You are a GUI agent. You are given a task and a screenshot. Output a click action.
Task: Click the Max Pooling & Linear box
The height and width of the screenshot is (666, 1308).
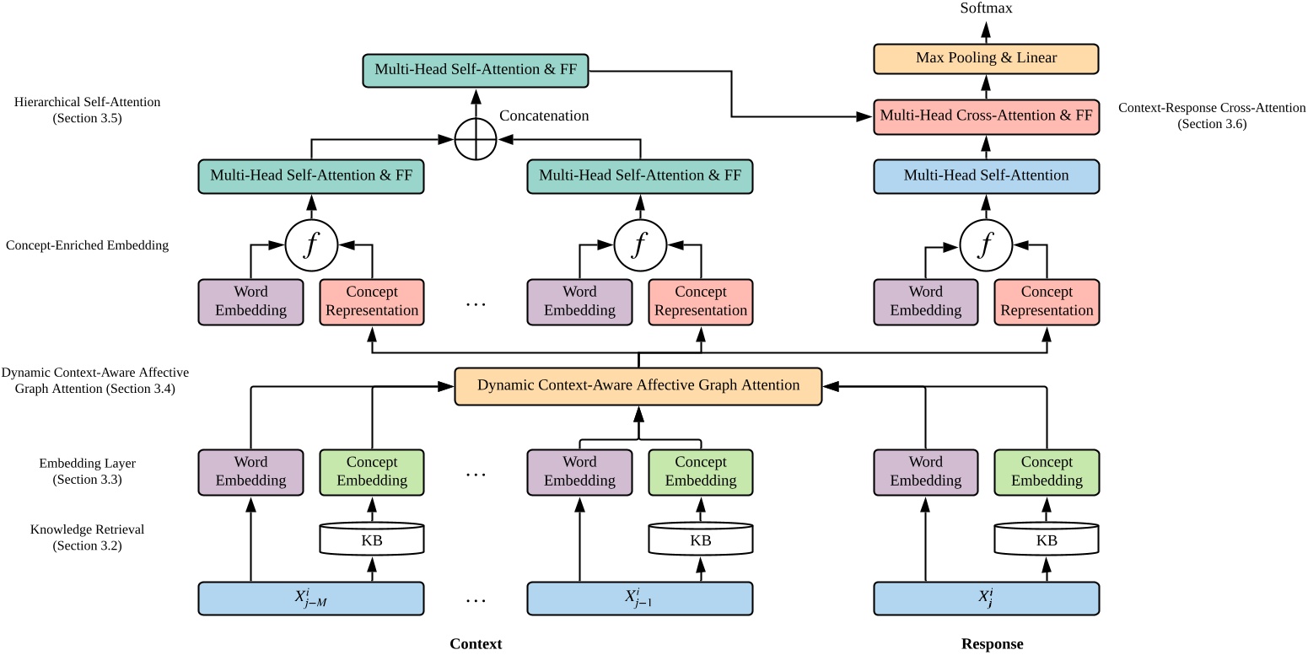pyautogui.click(x=986, y=58)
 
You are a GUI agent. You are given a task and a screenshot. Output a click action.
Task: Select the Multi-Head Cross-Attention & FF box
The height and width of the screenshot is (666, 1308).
pyautogui.click(x=986, y=115)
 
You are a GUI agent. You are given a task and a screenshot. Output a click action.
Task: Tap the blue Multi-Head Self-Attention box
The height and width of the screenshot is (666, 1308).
pyautogui.click(x=986, y=176)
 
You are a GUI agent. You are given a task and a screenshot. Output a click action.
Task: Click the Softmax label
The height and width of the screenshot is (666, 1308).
pyautogui.click(x=986, y=8)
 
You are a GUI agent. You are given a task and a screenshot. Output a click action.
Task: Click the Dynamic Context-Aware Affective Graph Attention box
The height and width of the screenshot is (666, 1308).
pyautogui.click(x=638, y=386)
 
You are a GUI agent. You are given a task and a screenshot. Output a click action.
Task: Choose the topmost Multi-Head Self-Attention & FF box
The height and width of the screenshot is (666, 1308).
pyautogui.click(x=476, y=70)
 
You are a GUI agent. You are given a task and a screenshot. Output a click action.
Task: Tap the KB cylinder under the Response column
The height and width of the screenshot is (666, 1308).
pyautogui.click(x=1047, y=540)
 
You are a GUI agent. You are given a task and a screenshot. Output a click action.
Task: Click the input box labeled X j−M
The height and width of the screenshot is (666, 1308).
pyautogui.click(x=310, y=598)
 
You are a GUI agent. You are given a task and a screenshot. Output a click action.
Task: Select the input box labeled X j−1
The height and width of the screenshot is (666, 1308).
pyautogui.click(x=638, y=598)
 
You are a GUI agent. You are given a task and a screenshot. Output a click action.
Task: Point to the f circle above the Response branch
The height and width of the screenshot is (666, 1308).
pyautogui.click(x=986, y=245)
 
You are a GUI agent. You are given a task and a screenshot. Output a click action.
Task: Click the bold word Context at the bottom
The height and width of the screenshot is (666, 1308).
pyautogui.click(x=476, y=644)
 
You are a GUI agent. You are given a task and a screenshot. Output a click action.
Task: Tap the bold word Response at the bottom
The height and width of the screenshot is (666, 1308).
pyautogui.click(x=992, y=644)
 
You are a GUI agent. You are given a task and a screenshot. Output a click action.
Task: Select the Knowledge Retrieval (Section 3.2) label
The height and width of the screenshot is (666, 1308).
pyautogui.click(x=87, y=538)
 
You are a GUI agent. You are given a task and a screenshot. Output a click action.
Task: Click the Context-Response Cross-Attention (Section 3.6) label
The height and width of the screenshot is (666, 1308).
pyautogui.click(x=1211, y=115)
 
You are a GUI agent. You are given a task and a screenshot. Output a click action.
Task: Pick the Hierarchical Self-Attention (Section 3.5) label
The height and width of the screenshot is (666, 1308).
pyautogui.click(x=87, y=110)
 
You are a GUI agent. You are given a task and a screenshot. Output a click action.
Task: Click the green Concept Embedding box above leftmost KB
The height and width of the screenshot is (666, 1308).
pyautogui.click(x=371, y=471)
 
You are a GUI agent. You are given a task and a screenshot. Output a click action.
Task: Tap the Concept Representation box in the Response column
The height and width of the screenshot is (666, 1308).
pyautogui.click(x=1047, y=301)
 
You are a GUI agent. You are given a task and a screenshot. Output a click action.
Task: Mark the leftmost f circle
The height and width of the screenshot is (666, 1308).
pyautogui.click(x=310, y=245)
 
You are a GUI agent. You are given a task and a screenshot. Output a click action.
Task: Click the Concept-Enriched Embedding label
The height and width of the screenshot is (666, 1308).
pyautogui.click(x=87, y=245)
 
